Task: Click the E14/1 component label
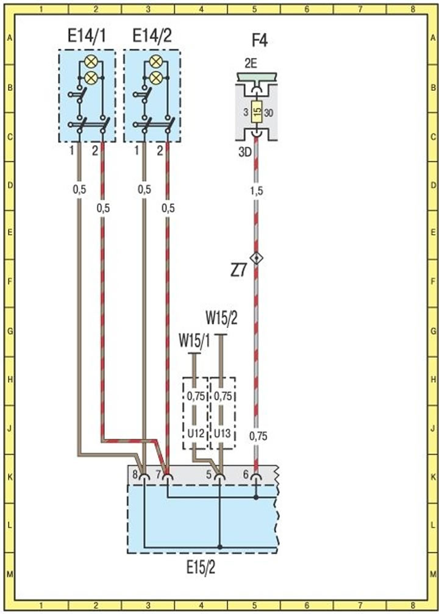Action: tap(87, 37)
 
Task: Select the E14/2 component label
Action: tap(152, 37)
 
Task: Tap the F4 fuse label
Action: tap(259, 41)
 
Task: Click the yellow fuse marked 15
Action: tap(257, 112)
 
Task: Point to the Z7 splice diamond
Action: tap(257, 258)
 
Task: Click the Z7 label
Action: tap(238, 271)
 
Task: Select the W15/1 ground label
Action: tap(195, 341)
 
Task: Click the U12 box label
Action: tap(196, 434)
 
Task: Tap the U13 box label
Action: tap(223, 434)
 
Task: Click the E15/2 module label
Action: tap(201, 567)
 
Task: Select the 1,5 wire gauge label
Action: tap(257, 191)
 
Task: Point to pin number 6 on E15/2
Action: tap(246, 474)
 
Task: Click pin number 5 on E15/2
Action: tap(209, 474)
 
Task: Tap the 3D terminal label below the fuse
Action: tap(244, 152)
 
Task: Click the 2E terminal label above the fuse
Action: tap(251, 63)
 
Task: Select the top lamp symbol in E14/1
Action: tap(91, 62)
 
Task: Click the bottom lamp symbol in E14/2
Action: tap(156, 77)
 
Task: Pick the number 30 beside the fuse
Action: tap(269, 113)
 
